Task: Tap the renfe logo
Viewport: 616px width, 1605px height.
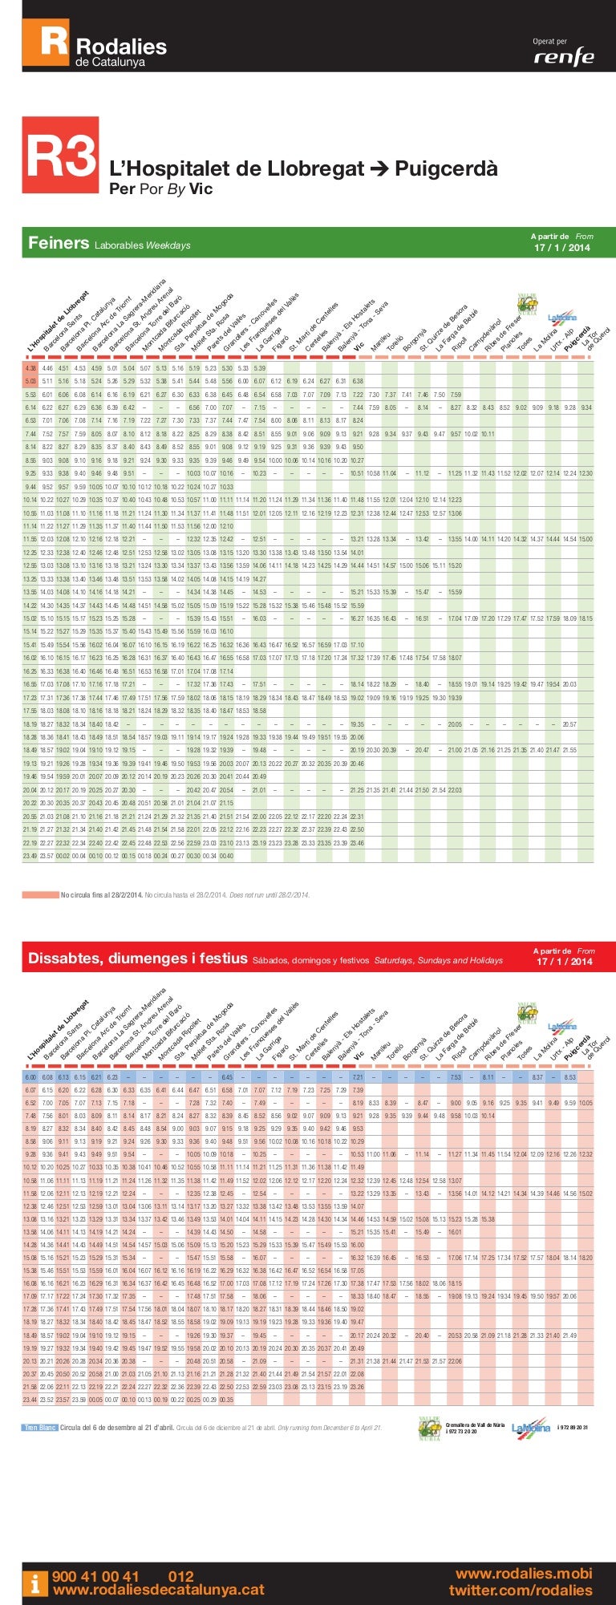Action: (x=565, y=57)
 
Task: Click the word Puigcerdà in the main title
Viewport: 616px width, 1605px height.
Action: (x=446, y=168)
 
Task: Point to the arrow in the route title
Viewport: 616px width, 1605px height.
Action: (x=379, y=168)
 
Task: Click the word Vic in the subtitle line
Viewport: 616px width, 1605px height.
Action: (x=201, y=189)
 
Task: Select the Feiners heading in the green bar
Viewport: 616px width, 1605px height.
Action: (x=59, y=243)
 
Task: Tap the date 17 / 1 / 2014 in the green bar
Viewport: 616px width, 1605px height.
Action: (x=561, y=248)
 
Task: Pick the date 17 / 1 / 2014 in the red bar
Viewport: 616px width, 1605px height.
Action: (x=563, y=962)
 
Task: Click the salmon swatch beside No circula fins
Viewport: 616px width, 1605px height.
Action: (x=40, y=894)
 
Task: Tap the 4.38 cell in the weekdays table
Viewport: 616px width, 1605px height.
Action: (x=30, y=368)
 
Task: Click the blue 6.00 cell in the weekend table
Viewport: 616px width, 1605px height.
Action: (x=31, y=1077)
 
